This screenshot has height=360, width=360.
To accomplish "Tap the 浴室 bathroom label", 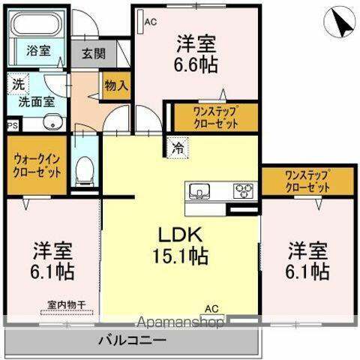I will pos(39,51).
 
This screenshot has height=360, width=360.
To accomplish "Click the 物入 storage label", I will pos(116,85).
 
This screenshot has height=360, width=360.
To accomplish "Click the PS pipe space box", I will pos(13,126).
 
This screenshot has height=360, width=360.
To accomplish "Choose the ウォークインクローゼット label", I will pos(37,163).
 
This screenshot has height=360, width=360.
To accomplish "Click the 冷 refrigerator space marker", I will pos(178,148).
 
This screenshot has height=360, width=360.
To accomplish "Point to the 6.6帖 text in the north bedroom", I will pos(197,65).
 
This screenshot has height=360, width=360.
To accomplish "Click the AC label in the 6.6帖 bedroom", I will pos(150,22).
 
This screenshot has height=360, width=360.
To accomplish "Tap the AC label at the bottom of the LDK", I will pos(211,307).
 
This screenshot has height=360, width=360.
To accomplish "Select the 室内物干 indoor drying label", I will pos(67,304).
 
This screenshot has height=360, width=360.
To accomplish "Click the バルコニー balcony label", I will pos(132,341).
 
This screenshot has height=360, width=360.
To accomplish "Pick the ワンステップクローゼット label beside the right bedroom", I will pos(307,181).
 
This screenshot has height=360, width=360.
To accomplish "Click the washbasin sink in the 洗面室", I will pos(51,124).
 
